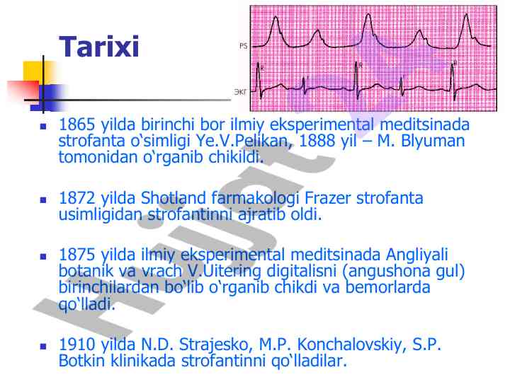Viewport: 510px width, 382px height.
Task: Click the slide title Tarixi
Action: click(x=99, y=47)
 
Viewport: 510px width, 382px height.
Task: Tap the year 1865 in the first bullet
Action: click(x=76, y=125)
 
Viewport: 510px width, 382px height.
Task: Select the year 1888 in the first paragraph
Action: click(x=317, y=141)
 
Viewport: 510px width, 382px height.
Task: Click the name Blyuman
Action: click(x=433, y=141)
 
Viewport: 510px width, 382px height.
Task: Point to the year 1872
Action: click(x=76, y=198)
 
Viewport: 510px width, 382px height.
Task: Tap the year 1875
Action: click(x=76, y=255)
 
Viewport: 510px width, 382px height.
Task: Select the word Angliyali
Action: click(x=417, y=255)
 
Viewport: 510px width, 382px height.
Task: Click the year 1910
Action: click(x=76, y=345)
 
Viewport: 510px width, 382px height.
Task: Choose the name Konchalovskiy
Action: click(x=350, y=345)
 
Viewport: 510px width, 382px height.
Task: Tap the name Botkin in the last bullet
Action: click(x=82, y=361)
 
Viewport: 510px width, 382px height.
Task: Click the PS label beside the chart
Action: click(x=243, y=46)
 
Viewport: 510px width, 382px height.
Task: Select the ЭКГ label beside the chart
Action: click(x=240, y=92)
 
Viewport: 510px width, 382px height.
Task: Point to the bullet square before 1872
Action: click(x=43, y=199)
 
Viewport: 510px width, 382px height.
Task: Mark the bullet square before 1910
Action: click(x=43, y=347)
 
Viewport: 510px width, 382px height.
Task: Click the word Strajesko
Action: click(x=216, y=345)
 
